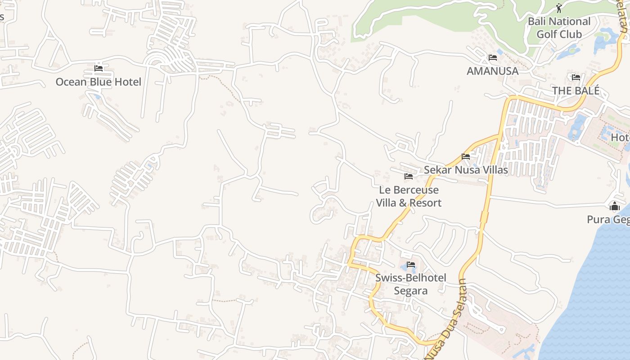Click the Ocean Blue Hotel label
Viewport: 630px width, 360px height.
(x=98, y=82)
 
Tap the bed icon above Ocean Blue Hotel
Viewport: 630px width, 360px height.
(x=99, y=68)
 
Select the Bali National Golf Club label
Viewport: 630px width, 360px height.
(x=559, y=27)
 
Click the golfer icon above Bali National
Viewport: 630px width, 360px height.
(x=559, y=8)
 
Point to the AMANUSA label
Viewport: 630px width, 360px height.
(x=492, y=71)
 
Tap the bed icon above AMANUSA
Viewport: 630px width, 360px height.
(x=493, y=58)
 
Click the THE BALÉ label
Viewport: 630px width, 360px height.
(x=576, y=90)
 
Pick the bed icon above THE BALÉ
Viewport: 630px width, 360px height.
(x=576, y=77)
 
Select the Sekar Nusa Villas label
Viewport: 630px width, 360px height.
(x=466, y=170)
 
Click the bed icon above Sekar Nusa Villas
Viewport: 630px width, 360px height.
(x=466, y=157)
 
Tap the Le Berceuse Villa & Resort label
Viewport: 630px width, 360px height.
(x=409, y=196)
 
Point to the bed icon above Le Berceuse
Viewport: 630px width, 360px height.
(x=409, y=176)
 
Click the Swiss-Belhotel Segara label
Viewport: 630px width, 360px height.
(x=411, y=284)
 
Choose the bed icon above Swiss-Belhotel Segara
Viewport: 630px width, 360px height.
(x=411, y=265)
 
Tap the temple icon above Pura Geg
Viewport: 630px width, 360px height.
(x=614, y=207)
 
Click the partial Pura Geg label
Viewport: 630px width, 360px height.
(x=608, y=220)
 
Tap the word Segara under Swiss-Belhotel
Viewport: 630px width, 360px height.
(x=411, y=291)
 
